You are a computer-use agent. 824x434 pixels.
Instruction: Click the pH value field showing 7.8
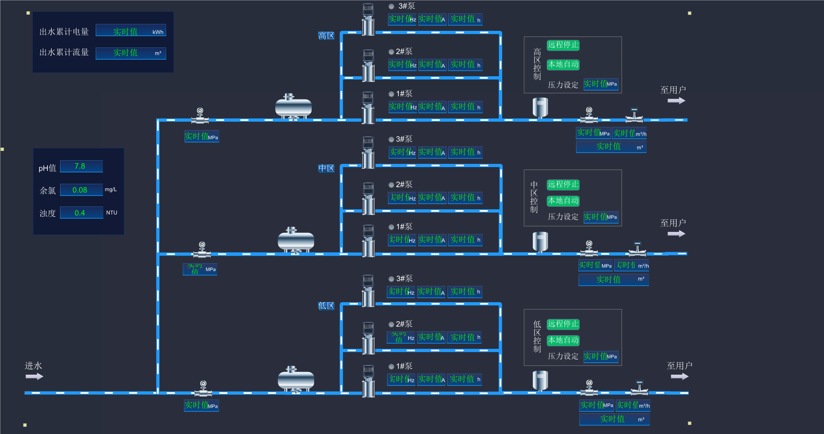click(x=81, y=166)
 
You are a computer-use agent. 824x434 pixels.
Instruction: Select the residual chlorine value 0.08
click(x=81, y=190)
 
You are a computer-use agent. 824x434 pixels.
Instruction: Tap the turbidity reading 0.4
click(x=81, y=213)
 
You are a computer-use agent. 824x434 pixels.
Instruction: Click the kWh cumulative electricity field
click(x=131, y=31)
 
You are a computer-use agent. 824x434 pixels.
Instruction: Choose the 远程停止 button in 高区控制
click(x=563, y=45)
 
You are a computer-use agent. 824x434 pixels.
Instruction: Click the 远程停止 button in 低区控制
click(x=563, y=324)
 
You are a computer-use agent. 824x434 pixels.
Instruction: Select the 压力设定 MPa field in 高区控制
click(x=601, y=84)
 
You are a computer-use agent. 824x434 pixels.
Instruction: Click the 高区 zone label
click(x=326, y=36)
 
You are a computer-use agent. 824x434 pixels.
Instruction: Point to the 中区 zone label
click(x=326, y=168)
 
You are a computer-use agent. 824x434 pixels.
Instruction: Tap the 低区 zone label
click(x=326, y=306)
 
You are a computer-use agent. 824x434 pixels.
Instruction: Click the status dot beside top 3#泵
click(x=392, y=6)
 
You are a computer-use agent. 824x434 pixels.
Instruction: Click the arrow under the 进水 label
click(x=34, y=376)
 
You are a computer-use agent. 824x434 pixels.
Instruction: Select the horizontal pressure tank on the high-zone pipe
click(x=293, y=107)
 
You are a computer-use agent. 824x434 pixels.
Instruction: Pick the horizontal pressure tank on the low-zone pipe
click(x=296, y=380)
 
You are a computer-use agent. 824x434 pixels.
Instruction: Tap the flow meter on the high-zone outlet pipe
click(x=634, y=116)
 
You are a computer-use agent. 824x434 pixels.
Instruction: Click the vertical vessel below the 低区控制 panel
click(x=540, y=381)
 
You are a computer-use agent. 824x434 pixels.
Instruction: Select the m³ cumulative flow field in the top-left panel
click(x=131, y=53)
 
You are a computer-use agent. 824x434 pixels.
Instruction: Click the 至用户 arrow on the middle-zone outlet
click(x=676, y=234)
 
